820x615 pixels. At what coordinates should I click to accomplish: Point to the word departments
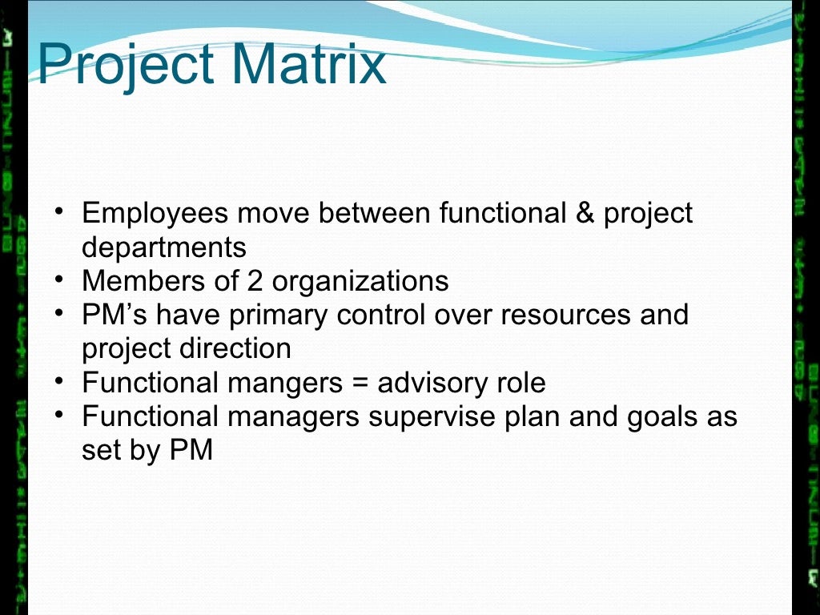point(163,247)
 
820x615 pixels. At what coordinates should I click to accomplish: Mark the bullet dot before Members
point(62,279)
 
